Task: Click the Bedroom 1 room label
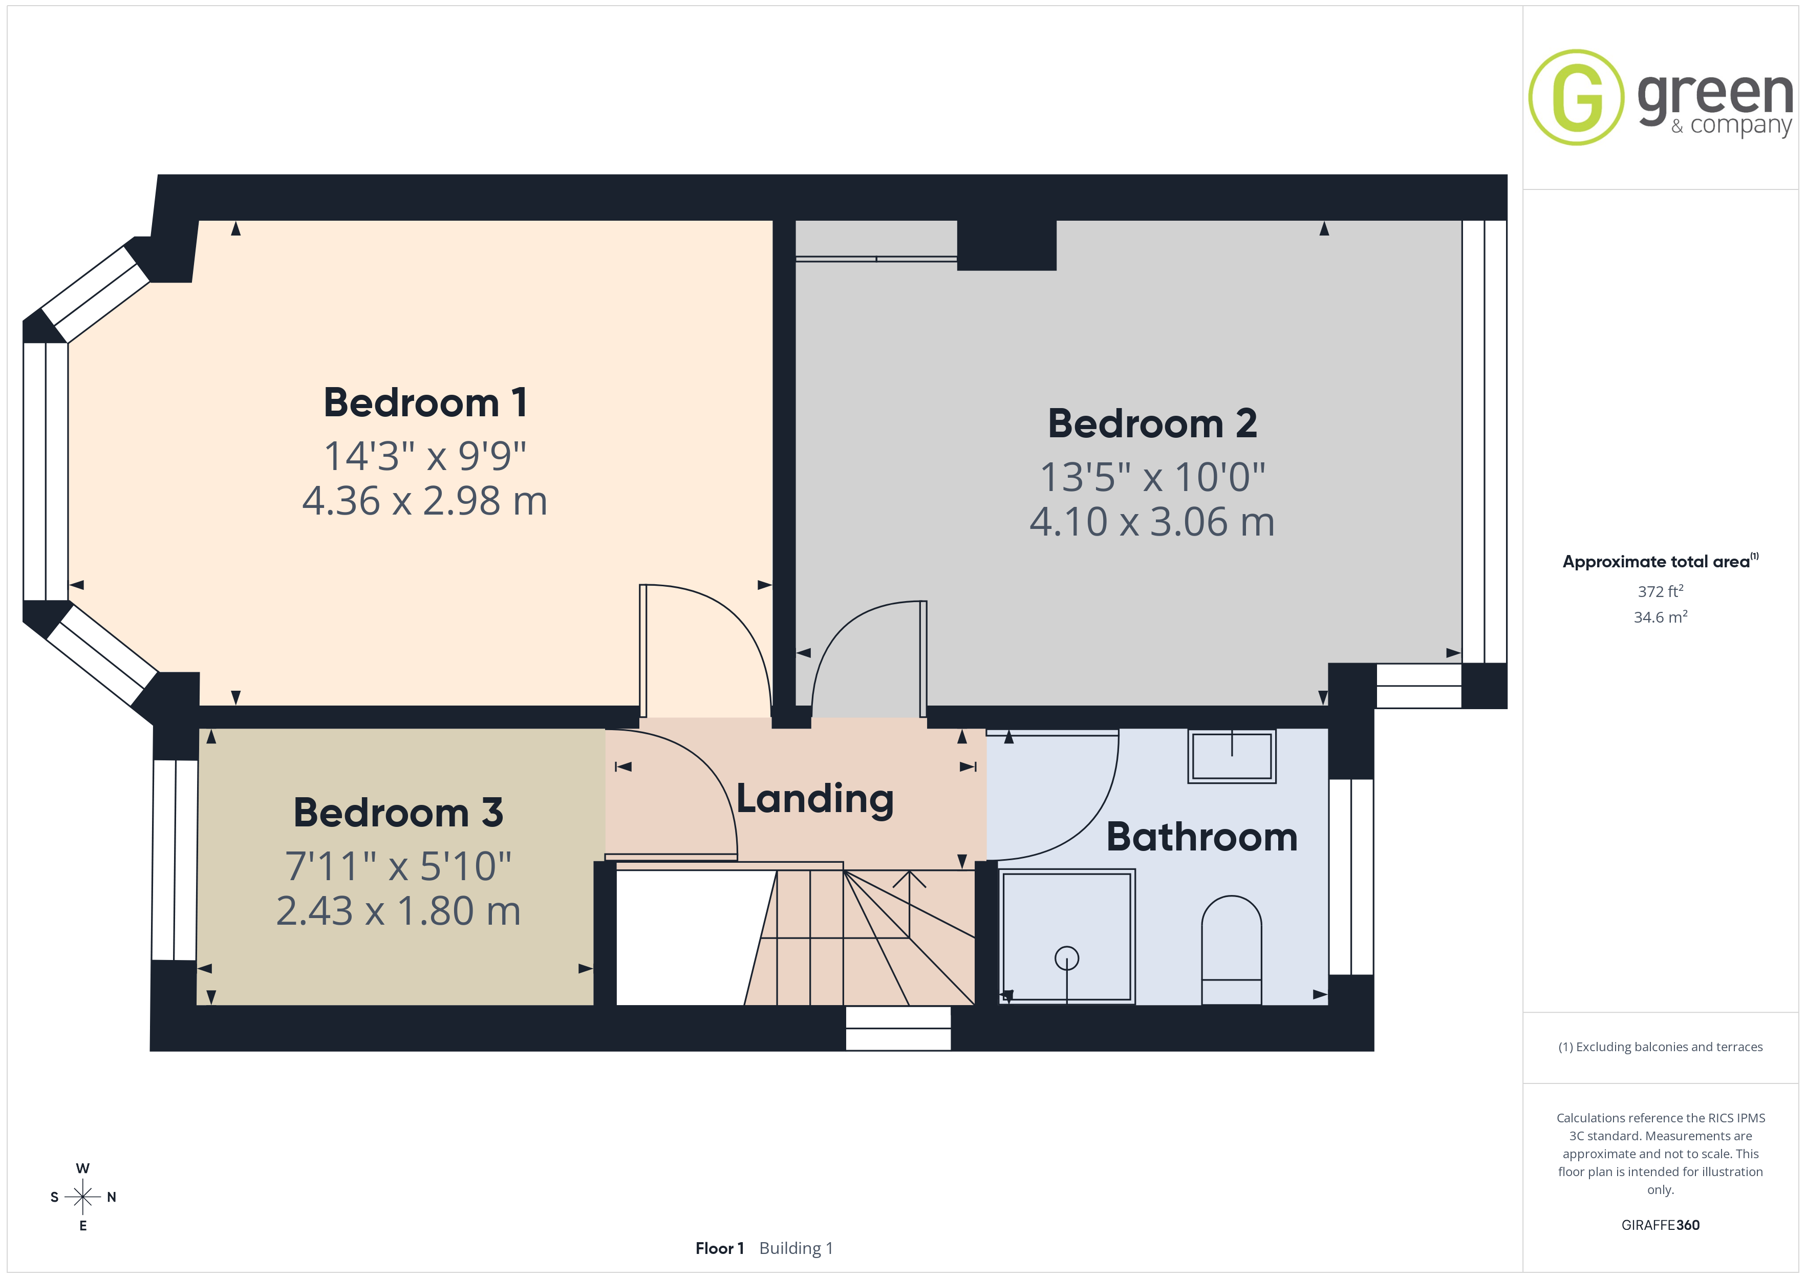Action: pos(425,403)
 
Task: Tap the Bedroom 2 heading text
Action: pos(1152,424)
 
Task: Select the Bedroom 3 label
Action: pos(398,813)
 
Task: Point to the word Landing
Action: pos(815,800)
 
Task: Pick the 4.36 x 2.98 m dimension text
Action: pos(425,501)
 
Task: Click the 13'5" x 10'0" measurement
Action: pos(1152,477)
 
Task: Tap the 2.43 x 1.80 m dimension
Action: pos(398,911)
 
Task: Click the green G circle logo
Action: pos(1576,98)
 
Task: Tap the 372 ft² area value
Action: pos(1661,591)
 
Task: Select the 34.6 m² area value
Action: pos(1661,617)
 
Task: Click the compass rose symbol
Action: pos(82,1197)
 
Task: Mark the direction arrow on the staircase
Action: pos(909,903)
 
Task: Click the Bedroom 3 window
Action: pos(175,860)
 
